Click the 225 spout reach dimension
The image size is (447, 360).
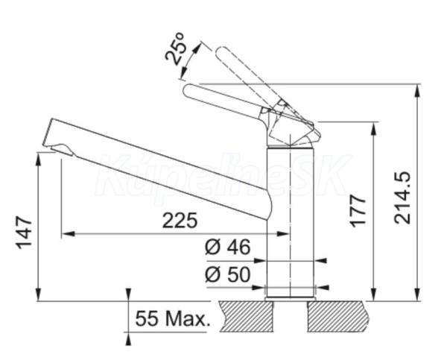pos(180,220)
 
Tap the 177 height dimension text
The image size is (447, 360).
pos(358,212)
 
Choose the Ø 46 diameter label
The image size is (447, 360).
pos(226,247)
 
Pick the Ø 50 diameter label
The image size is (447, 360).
pos(226,274)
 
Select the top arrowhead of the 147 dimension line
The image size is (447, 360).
pos(37,157)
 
